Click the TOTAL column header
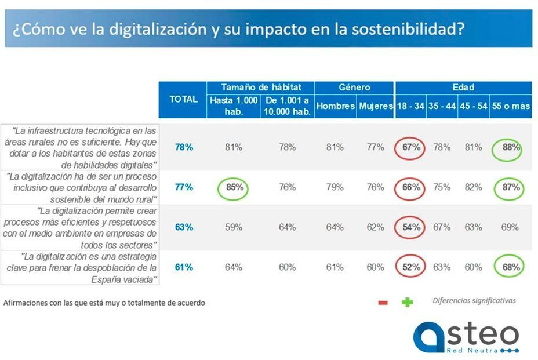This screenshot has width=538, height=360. click(183, 99)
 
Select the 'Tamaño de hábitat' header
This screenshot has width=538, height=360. click(260, 88)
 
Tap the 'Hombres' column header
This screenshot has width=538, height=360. click(335, 107)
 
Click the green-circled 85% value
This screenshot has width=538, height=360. click(234, 187)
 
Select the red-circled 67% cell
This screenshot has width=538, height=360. click(411, 147)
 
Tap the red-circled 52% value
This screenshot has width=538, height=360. click(411, 267)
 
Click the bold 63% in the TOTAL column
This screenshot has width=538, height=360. click(184, 227)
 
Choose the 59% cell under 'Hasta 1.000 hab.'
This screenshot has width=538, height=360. click(234, 227)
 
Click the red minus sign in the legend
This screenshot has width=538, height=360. click(383, 303)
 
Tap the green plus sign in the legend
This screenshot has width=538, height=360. click(407, 302)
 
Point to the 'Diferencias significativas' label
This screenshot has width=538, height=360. click(474, 300)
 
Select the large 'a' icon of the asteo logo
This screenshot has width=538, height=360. click(430, 337)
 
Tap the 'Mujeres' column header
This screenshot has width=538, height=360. click(375, 107)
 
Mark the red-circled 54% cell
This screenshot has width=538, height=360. click(411, 227)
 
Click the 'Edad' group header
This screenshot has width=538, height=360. click(463, 88)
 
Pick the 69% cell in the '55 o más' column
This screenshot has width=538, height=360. click(510, 227)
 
